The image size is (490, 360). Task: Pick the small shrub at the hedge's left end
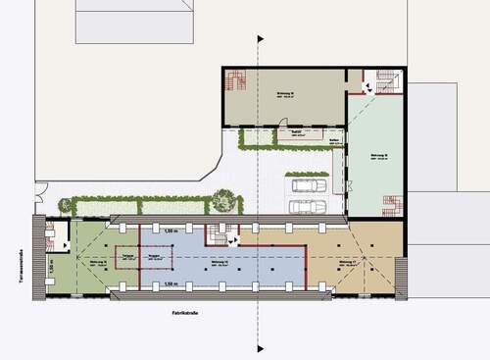(66, 206)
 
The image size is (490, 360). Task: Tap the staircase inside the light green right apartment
(391, 205)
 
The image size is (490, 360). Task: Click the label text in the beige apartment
(345, 263)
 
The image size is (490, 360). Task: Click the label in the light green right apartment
(379, 156)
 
